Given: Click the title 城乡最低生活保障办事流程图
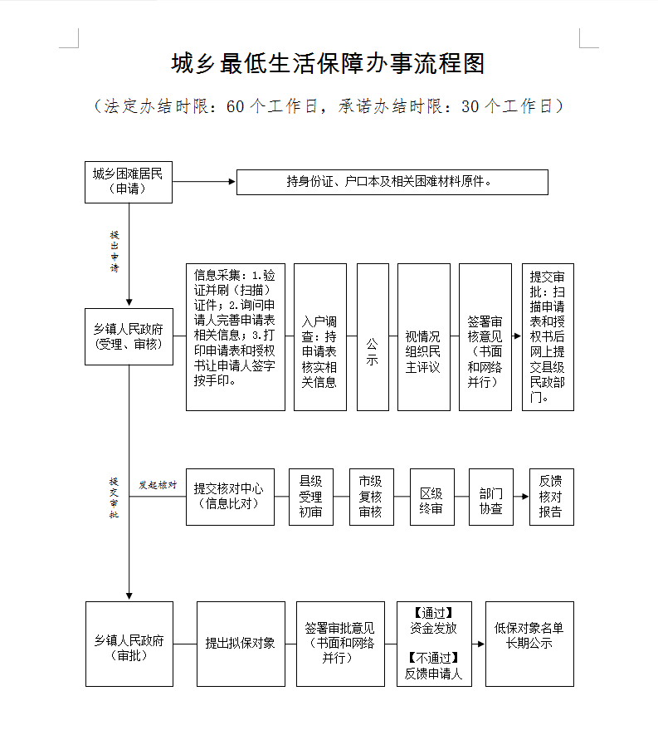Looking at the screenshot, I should tap(328, 64).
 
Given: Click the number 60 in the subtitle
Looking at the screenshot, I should tap(235, 106).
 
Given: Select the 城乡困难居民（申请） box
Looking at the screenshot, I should tap(129, 181).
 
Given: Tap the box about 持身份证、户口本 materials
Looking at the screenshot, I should tap(392, 182).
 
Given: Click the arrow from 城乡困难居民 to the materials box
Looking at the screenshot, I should tap(204, 181).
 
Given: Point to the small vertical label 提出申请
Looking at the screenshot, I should tap(115, 252).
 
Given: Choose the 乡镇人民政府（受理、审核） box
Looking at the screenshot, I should tap(129, 336).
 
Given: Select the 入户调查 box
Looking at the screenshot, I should tap(319, 336).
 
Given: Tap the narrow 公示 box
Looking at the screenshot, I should tap(373, 336).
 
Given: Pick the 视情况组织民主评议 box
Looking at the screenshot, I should tap(423, 336).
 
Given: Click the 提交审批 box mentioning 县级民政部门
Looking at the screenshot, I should tap(548, 336).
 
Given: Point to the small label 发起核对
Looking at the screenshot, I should tap(158, 485).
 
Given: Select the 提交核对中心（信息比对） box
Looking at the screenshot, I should tap(229, 497).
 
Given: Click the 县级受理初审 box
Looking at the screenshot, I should tap(310, 497).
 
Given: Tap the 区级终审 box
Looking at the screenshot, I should tap(431, 497).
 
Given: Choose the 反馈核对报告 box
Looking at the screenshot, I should tap(551, 497).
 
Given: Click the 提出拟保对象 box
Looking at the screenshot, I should tap(240, 644).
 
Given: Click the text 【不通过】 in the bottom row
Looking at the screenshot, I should tap(434, 658).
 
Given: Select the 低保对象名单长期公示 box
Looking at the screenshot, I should tap(529, 644).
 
